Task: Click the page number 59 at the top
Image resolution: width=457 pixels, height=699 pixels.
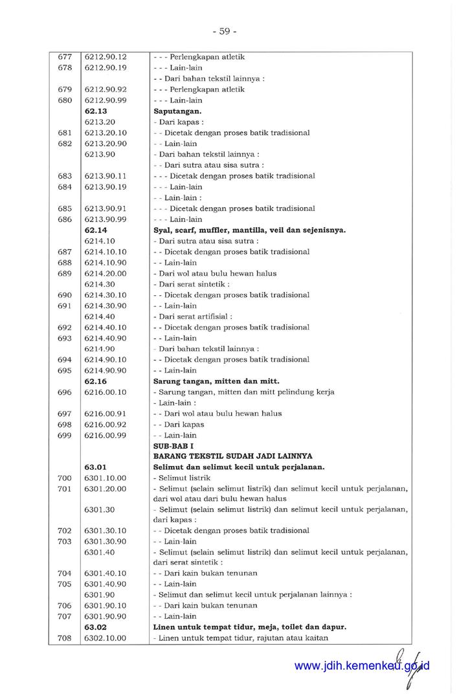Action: coord(224,30)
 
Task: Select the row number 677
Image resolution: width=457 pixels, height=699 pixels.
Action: coord(65,57)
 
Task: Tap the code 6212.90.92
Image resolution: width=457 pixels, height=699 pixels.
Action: coord(105,89)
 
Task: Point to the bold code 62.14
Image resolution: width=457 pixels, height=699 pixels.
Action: coord(96,230)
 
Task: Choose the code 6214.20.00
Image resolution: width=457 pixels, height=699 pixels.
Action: coord(105,273)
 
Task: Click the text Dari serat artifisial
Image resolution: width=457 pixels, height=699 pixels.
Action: coord(192,316)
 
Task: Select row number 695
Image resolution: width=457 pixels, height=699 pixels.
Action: coord(65,370)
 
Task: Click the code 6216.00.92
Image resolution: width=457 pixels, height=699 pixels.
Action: coord(105,425)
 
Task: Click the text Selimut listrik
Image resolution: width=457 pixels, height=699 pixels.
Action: coord(179,478)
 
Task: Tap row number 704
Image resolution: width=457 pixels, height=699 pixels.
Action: coord(65,573)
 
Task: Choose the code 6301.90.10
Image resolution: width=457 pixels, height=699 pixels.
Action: coord(105,606)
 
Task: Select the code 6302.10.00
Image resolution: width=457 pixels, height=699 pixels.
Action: coord(105,638)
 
